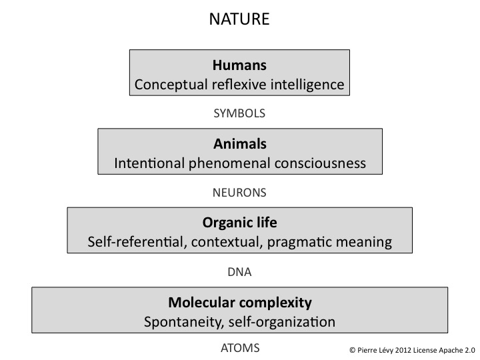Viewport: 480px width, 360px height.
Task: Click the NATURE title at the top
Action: click(239, 19)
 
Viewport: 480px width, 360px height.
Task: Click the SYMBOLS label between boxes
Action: click(239, 113)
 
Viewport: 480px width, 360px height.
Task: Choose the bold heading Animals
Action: click(239, 143)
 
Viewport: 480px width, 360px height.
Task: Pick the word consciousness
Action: click(323, 163)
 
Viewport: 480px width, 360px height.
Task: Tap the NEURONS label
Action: click(239, 193)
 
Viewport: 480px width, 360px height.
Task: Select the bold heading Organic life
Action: click(239, 223)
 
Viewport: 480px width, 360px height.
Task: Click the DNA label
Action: click(239, 272)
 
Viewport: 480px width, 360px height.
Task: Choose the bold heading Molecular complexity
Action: click(239, 302)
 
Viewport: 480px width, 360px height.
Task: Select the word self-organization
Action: click(281, 321)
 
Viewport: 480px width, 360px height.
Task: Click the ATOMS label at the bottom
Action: click(239, 347)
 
